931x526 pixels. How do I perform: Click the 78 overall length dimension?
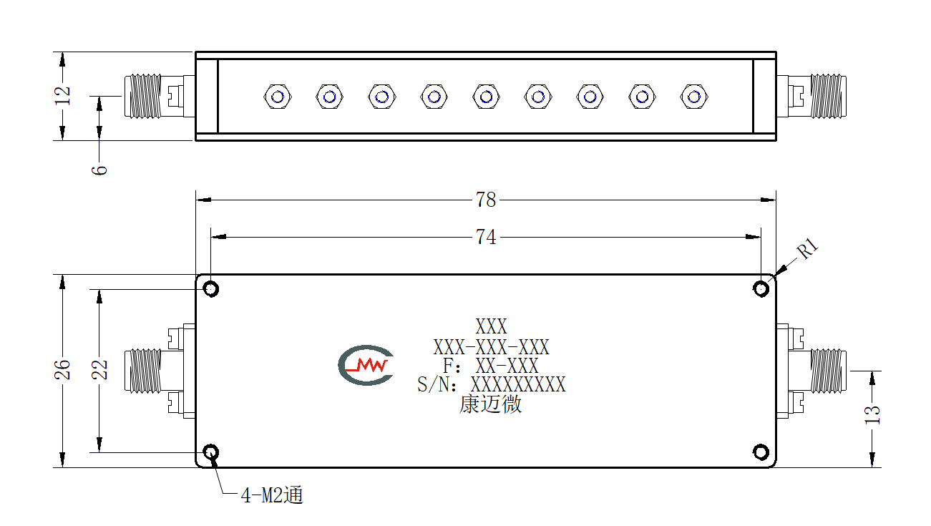(x=486, y=200)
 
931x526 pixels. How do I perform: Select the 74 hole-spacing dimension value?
(x=486, y=238)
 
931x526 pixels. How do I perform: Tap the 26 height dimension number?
(x=62, y=370)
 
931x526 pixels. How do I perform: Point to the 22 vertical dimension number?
(x=99, y=370)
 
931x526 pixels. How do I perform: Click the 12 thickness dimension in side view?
(x=62, y=96)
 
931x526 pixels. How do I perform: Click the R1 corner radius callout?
(x=807, y=248)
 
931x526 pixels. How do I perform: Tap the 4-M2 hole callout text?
(x=272, y=495)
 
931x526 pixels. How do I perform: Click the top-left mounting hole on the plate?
(x=210, y=288)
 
